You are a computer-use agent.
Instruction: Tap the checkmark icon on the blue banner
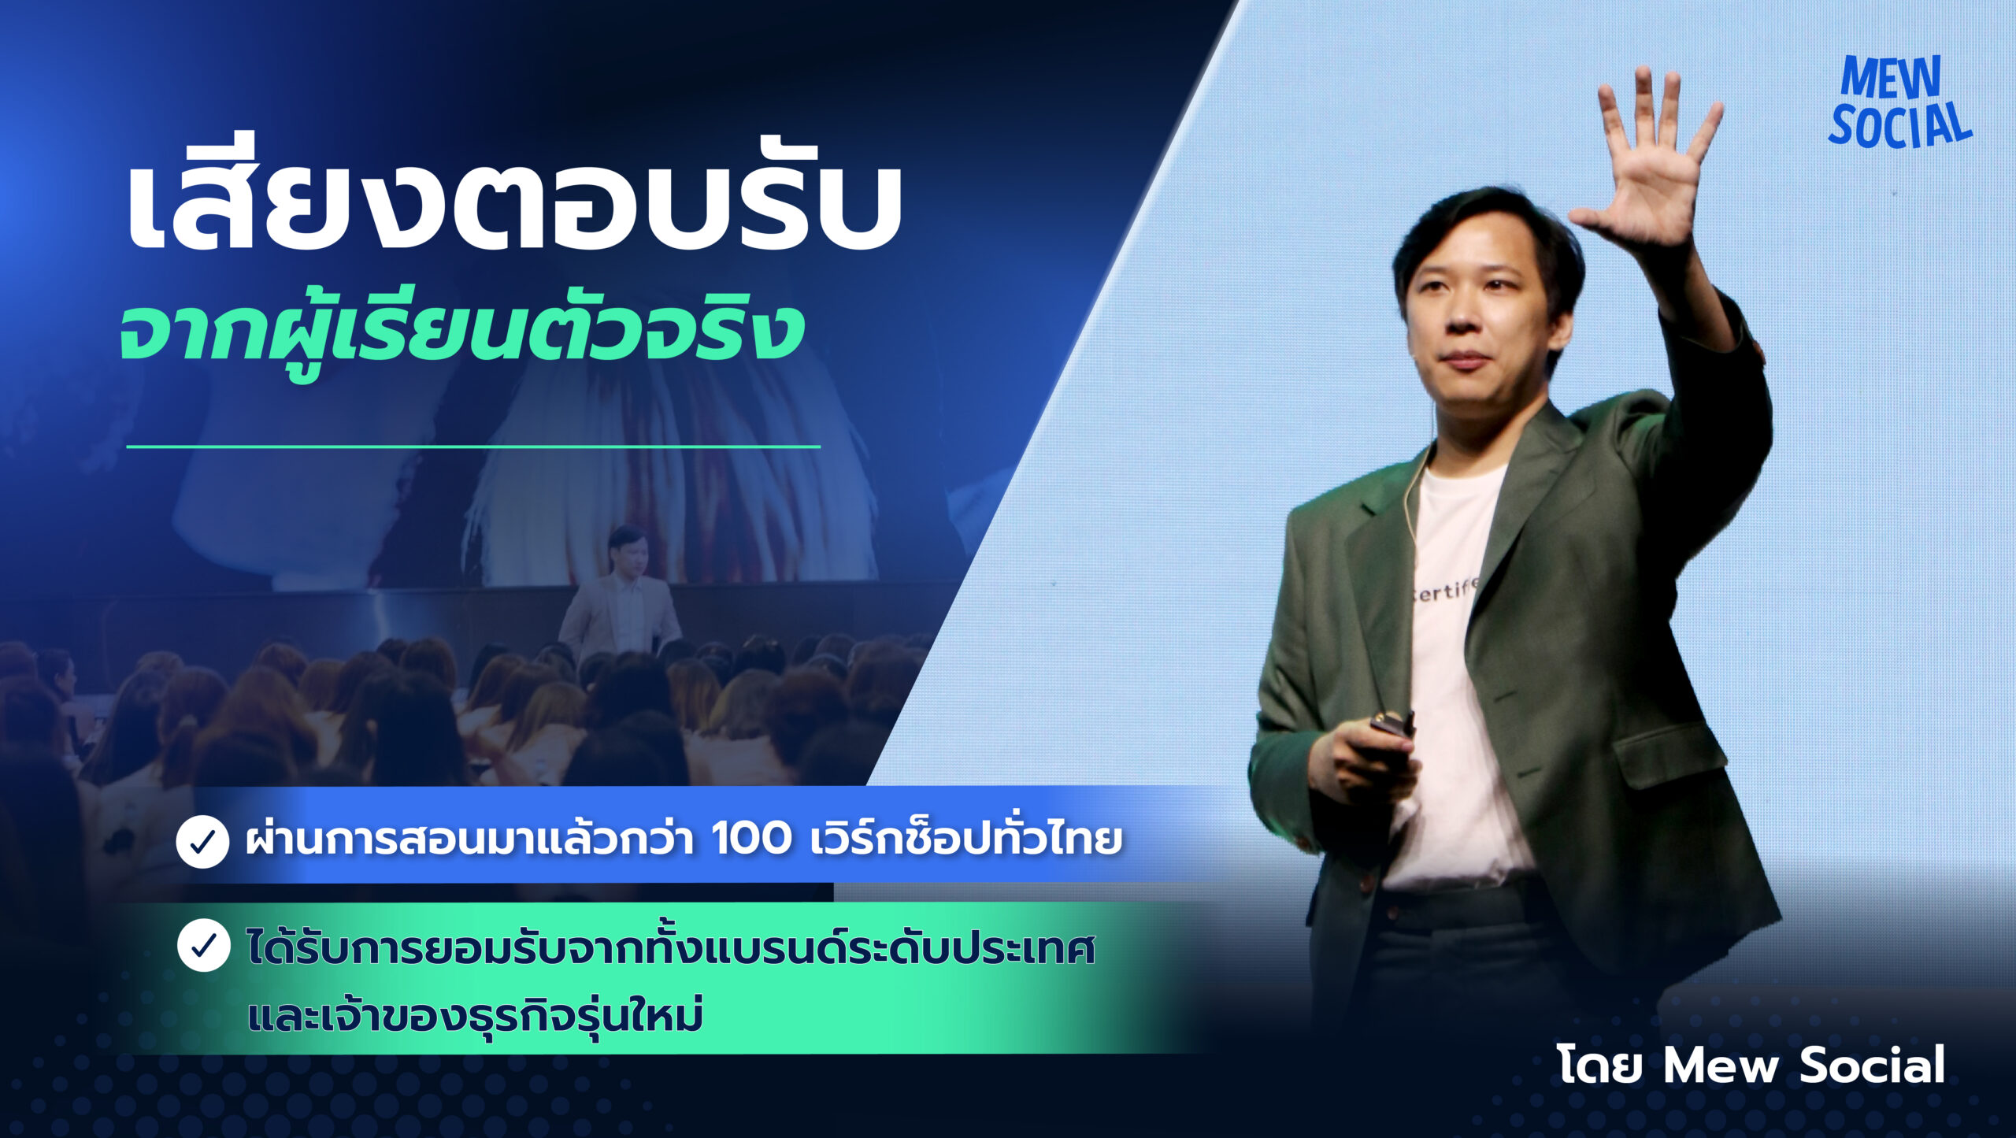tap(202, 842)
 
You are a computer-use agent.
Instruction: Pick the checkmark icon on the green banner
tap(203, 945)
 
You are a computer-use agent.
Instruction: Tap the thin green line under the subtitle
tap(473, 447)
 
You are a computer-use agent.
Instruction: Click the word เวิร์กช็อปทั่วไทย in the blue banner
tap(965, 839)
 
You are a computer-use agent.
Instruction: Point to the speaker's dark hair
tap(1488, 236)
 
